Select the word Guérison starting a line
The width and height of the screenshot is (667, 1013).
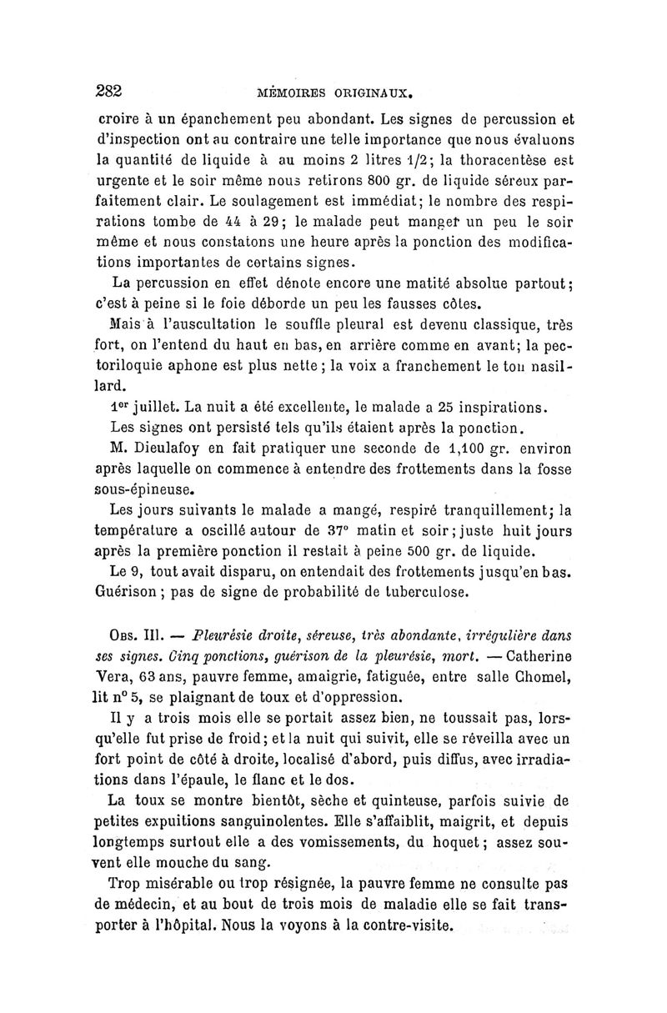tap(133, 594)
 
